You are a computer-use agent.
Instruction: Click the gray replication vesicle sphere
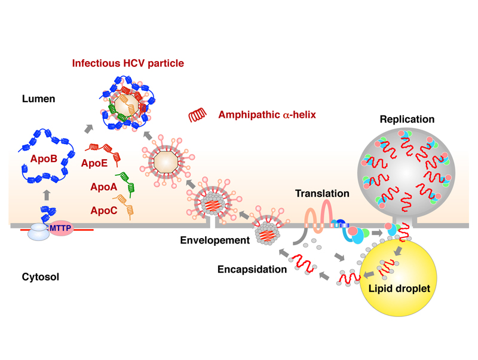(x=400, y=173)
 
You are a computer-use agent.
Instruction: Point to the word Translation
(x=321, y=194)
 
